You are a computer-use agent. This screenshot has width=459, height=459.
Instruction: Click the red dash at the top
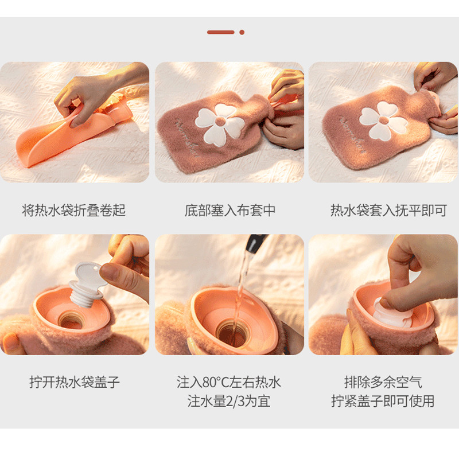tap(221, 32)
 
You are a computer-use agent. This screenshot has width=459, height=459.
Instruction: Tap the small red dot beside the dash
tap(242, 32)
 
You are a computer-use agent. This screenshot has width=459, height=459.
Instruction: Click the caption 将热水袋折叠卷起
tap(74, 210)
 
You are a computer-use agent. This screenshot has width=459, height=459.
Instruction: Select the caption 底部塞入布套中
tap(230, 210)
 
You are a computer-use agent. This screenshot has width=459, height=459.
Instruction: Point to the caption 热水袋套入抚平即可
tap(388, 210)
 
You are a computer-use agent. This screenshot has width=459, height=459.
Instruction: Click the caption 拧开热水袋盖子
tap(75, 382)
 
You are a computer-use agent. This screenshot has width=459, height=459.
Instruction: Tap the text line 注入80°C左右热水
tap(228, 382)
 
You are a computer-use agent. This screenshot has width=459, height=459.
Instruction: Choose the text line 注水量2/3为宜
tap(228, 401)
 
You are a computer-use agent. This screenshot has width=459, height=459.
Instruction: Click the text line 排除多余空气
tap(383, 382)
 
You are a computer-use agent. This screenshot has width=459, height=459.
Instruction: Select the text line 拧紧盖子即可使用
tap(383, 401)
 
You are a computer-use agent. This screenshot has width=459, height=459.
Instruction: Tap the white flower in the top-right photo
tap(383, 120)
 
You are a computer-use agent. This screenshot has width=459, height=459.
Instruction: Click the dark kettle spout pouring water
tap(256, 243)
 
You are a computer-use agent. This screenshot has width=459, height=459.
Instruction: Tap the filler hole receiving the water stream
tap(233, 333)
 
